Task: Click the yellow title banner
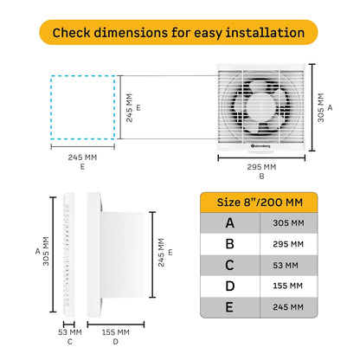point(179,33)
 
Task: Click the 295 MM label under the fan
point(262,166)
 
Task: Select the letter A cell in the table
point(229,223)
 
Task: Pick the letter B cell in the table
point(229,244)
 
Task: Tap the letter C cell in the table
point(229,265)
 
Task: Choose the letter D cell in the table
point(229,286)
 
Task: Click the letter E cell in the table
point(229,306)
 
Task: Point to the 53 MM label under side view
point(70,331)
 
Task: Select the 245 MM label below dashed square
point(82,158)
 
